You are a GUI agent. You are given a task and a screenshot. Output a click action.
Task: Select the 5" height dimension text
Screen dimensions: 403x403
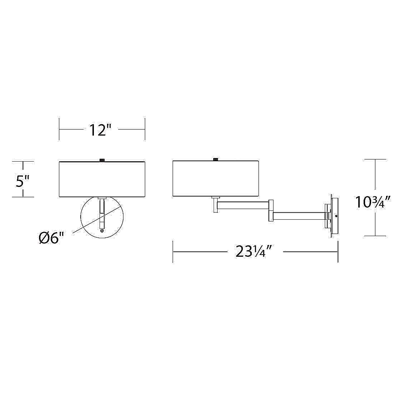click(23, 181)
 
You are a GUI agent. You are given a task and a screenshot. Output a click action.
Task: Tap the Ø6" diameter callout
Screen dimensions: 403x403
click(52, 238)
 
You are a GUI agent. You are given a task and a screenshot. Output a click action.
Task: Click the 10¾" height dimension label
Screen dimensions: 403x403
click(373, 202)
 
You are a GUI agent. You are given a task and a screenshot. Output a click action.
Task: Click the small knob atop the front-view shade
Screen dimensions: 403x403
click(102, 160)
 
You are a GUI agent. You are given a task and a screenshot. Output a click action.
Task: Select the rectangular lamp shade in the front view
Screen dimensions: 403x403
click(102, 179)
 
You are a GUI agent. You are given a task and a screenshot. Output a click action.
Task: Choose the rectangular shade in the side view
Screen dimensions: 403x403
click(216, 179)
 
